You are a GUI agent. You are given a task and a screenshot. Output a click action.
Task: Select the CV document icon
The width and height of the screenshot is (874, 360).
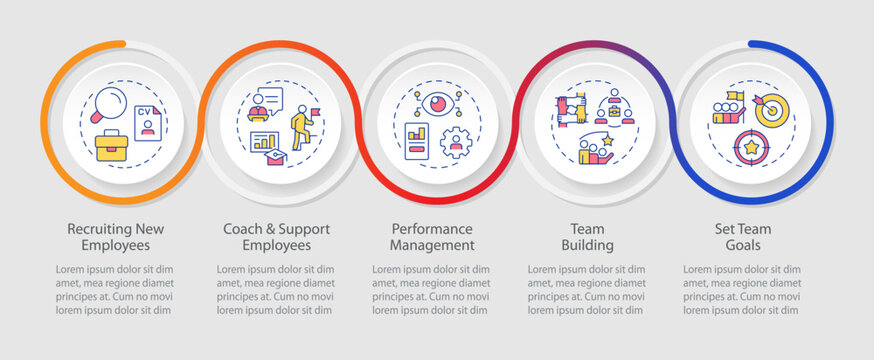[x=148, y=124]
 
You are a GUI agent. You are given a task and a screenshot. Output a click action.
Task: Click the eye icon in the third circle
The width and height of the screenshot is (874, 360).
[x=437, y=104]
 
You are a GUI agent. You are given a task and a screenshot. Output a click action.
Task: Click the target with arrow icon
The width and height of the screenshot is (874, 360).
[x=772, y=109]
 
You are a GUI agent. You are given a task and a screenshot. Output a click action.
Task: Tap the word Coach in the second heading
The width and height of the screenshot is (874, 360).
[x=244, y=229]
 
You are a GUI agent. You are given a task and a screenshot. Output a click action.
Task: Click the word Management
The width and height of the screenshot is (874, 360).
[x=433, y=245]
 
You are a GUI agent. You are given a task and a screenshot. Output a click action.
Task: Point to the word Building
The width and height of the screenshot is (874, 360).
[x=588, y=245]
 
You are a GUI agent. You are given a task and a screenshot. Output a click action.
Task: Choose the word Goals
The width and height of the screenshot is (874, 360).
[x=743, y=245]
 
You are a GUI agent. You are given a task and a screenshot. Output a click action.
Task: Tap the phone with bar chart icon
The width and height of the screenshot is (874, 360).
[x=416, y=141]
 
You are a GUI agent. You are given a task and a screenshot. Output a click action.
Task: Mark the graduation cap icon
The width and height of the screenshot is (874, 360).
[x=272, y=158]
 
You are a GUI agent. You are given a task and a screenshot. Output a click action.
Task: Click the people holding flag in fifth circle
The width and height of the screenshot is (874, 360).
[x=728, y=109]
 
